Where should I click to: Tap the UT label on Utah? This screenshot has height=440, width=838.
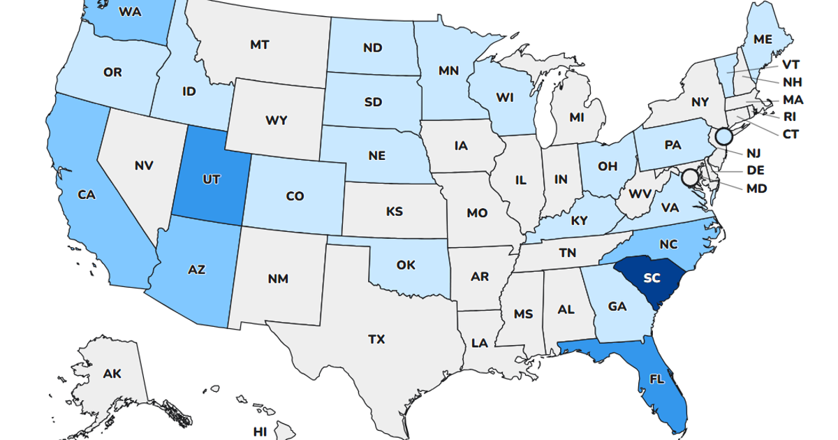click(x=211, y=179)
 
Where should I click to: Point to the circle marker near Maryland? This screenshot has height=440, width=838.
click(x=690, y=177)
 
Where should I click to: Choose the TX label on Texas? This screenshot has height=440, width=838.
click(x=376, y=339)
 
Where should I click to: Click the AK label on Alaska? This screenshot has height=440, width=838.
click(x=112, y=374)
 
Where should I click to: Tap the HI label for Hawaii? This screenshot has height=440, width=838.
click(x=260, y=432)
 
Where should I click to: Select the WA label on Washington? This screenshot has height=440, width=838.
click(x=131, y=11)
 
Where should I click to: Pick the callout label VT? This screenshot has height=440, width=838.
click(x=791, y=64)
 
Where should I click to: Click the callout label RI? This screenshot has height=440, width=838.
click(x=790, y=117)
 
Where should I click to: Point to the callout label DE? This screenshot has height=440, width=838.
click(x=756, y=170)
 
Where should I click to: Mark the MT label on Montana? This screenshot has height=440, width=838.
click(x=260, y=45)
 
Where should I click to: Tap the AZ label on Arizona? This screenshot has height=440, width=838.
click(x=197, y=269)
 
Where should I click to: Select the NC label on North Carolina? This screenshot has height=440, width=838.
click(x=668, y=244)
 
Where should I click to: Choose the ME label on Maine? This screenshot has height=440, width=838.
click(x=763, y=40)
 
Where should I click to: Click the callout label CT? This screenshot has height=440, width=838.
click(x=791, y=133)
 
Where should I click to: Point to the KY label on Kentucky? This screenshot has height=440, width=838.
click(x=579, y=221)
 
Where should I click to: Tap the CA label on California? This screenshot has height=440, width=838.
click(x=86, y=196)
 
